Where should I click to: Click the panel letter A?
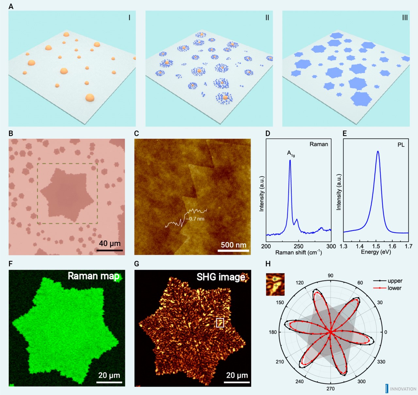[x=11, y=7]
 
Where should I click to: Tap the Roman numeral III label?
[x=405, y=18]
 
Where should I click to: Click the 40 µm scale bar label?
[x=110, y=243]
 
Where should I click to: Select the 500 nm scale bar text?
[x=233, y=245]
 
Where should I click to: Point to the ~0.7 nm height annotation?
[x=196, y=219]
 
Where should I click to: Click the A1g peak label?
[x=291, y=153]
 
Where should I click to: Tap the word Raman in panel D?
[x=318, y=144]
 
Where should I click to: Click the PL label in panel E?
[x=401, y=145]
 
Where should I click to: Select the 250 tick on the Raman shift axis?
[x=298, y=247]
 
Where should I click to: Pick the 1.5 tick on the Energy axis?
[x=376, y=247]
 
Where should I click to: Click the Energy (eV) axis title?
[x=376, y=252]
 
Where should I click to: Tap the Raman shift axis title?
[x=298, y=252]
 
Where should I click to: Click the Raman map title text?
[x=93, y=276]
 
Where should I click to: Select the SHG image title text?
[x=221, y=277]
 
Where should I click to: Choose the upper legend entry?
[x=395, y=281]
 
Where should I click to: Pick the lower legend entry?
[x=394, y=288]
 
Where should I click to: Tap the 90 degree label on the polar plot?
[x=330, y=276]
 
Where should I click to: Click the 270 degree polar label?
[x=330, y=388]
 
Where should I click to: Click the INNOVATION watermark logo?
[x=401, y=389]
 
